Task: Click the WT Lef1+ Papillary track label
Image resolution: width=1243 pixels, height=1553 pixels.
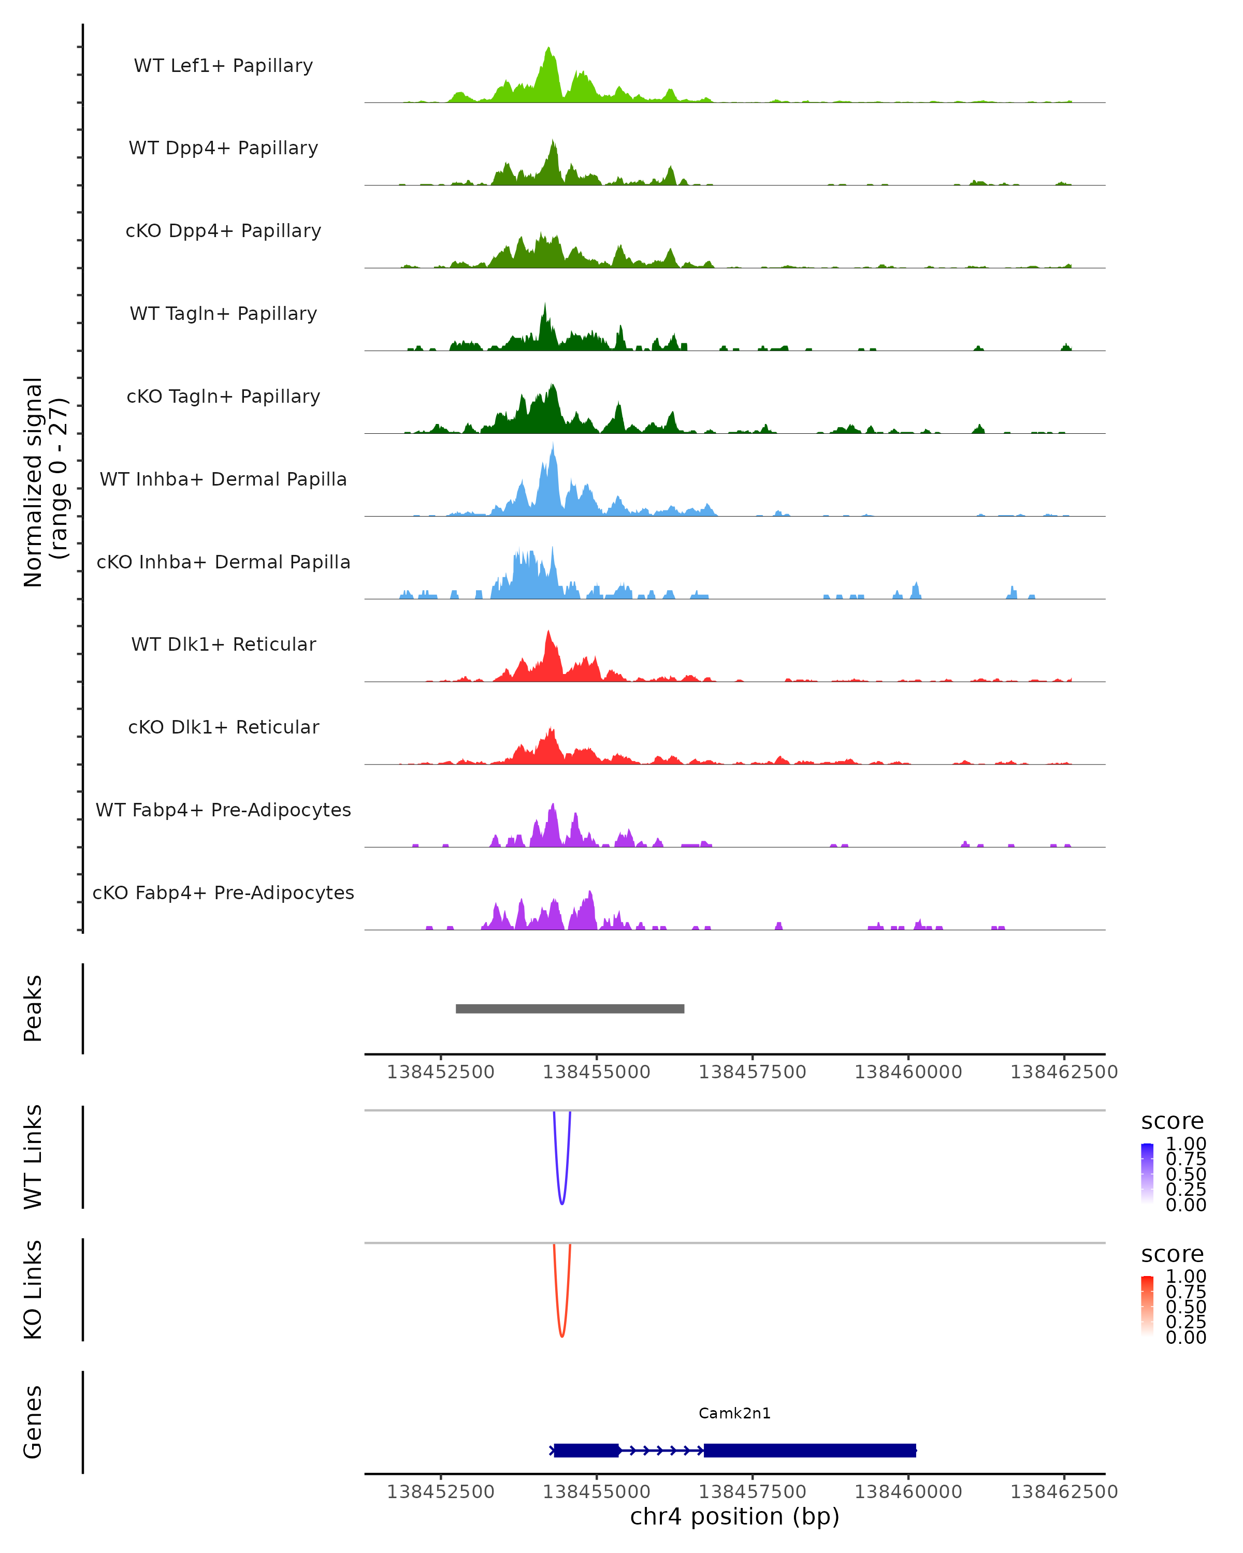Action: click(x=223, y=66)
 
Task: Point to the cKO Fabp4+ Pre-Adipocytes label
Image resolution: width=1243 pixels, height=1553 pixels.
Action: click(x=223, y=892)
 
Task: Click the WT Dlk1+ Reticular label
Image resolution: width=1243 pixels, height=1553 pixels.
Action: click(x=223, y=644)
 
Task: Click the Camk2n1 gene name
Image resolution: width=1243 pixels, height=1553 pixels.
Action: click(x=734, y=1413)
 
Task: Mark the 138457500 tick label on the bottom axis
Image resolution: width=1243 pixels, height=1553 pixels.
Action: click(x=753, y=1492)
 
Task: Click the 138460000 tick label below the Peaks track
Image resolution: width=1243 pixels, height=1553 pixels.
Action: click(x=908, y=1072)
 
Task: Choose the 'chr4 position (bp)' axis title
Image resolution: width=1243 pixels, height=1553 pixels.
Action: click(x=734, y=1516)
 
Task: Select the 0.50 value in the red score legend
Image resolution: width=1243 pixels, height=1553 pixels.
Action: click(x=1186, y=1306)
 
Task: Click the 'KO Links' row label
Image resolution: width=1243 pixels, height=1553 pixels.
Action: click(x=33, y=1290)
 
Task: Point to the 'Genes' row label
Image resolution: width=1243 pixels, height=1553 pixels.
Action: click(x=33, y=1422)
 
